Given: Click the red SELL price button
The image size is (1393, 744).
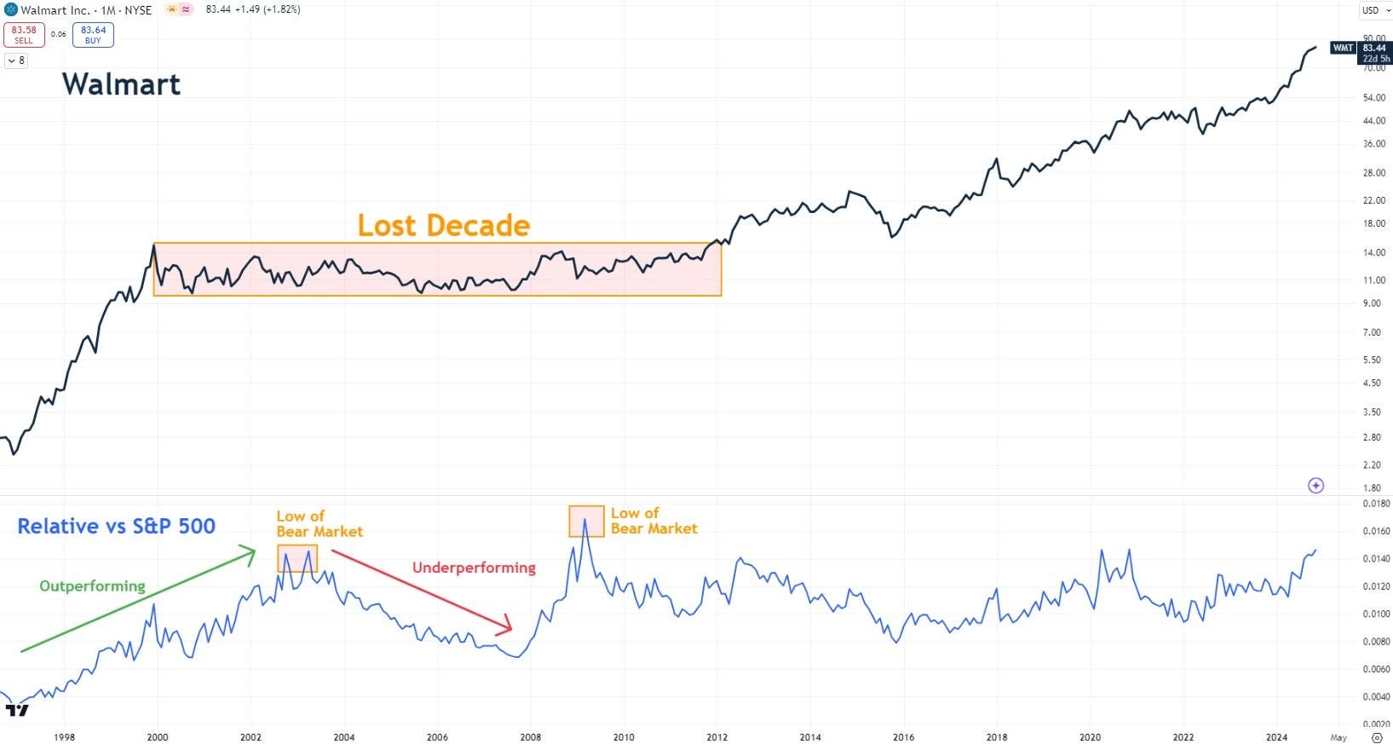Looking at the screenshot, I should [x=23, y=34].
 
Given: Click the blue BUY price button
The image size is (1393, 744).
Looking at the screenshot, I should [x=93, y=34].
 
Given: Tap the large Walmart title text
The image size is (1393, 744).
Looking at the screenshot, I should [x=121, y=84].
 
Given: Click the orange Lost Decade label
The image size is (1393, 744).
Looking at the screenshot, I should [x=443, y=225].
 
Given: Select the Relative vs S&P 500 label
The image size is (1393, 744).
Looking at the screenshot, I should [x=116, y=527].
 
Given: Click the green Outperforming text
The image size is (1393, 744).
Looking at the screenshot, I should [x=92, y=586].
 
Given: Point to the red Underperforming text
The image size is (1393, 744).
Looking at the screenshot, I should [x=474, y=568].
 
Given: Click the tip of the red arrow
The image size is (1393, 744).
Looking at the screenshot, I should [x=511, y=630].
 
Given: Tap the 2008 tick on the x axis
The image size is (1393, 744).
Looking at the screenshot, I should [x=530, y=737].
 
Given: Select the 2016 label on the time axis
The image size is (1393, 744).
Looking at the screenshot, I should [x=903, y=737].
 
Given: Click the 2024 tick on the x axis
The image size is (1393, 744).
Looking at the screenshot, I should [x=1276, y=737].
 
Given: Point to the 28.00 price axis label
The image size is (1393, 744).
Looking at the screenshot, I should [x=1373, y=173].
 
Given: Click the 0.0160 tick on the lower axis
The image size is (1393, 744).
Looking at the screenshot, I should [x=1376, y=531].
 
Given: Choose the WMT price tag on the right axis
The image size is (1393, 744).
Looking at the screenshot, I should [x=1343, y=48].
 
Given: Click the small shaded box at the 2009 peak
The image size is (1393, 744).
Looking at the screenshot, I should [x=586, y=521].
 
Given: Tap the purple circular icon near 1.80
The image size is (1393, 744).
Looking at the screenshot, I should [x=1315, y=486].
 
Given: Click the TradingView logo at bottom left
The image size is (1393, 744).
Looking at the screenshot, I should [x=17, y=710].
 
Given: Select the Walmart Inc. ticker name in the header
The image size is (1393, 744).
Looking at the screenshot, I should [x=55, y=10].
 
